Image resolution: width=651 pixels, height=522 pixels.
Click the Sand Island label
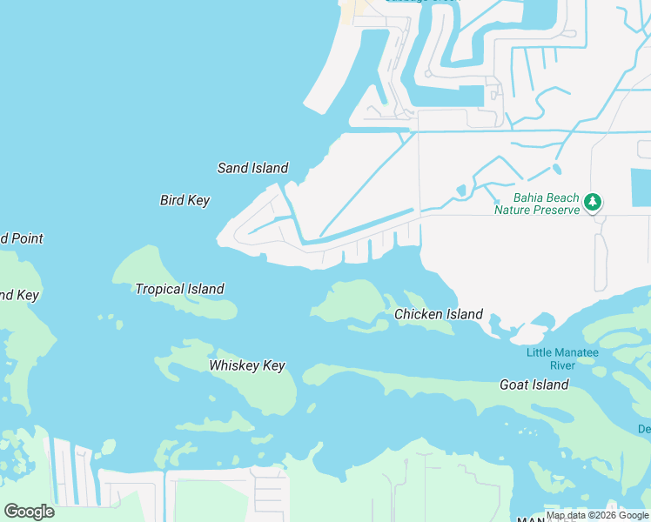click(x=252, y=168)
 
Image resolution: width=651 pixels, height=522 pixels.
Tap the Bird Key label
click(x=185, y=200)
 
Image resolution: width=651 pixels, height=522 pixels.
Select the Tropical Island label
click(x=179, y=289)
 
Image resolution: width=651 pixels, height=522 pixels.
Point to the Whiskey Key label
click(x=247, y=366)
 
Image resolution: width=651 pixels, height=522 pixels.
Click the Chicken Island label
click(x=439, y=314)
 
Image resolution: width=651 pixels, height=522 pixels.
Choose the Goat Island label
click(x=534, y=385)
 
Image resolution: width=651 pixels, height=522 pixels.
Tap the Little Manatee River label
click(x=562, y=358)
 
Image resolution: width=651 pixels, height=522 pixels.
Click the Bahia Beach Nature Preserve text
click(x=537, y=204)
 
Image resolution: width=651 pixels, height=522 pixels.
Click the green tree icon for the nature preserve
click(x=593, y=203)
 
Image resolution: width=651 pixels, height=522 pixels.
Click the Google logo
click(x=29, y=512)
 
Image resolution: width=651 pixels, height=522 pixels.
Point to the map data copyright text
click(x=598, y=516)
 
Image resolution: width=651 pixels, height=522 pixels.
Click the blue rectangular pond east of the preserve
click(x=641, y=188)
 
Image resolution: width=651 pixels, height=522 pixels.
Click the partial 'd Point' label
click(x=21, y=238)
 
